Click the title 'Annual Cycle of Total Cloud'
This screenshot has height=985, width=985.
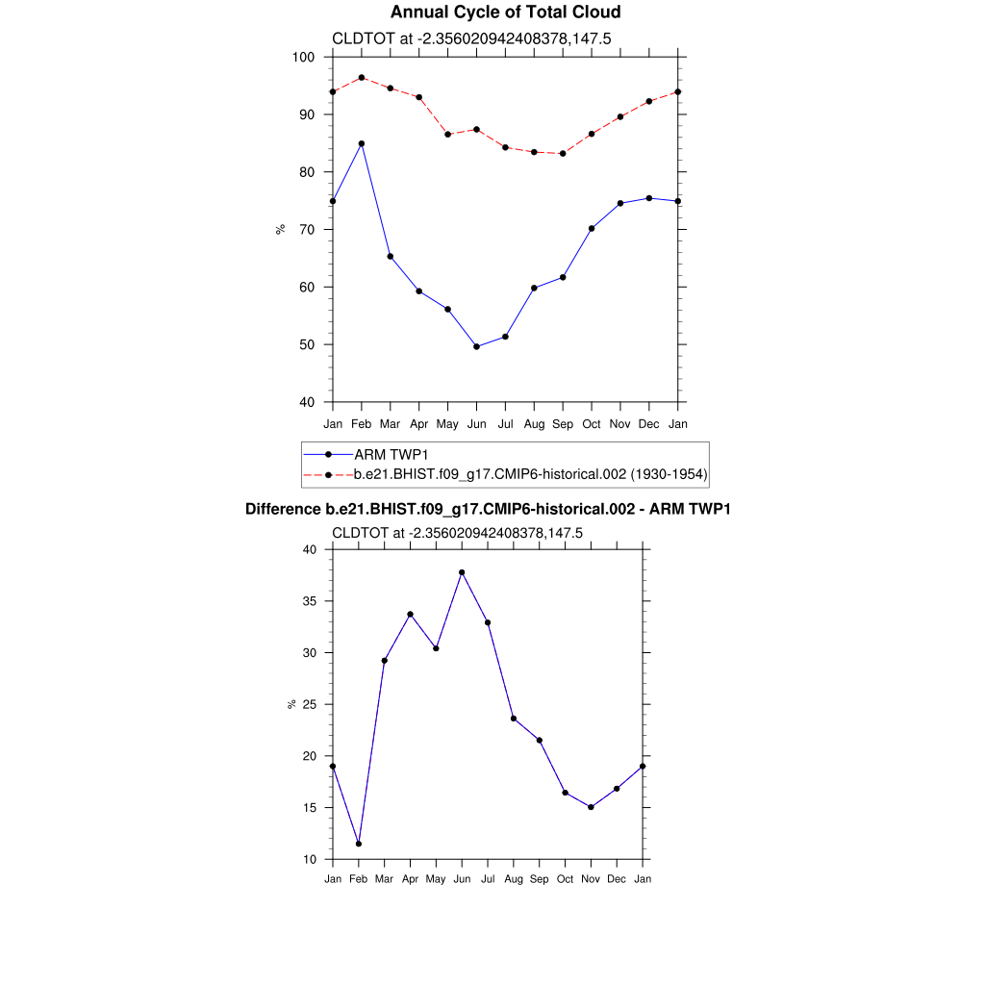[x=492, y=13]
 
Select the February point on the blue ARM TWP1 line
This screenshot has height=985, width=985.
[x=362, y=143]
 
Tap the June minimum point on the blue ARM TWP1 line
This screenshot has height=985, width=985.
[x=476, y=346]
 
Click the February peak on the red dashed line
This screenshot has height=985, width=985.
[x=362, y=77]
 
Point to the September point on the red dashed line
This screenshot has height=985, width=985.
[x=563, y=153]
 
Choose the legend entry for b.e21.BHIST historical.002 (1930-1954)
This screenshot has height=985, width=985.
[x=532, y=474]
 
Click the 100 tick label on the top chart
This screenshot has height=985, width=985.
[x=304, y=58]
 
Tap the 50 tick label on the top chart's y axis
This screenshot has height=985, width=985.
[x=308, y=344]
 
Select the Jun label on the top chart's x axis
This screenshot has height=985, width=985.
[x=476, y=424]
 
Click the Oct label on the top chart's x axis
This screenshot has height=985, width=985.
[x=592, y=424]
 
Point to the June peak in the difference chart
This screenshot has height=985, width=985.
[x=462, y=572]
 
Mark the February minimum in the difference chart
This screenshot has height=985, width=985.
[x=359, y=844]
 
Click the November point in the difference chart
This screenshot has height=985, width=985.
[x=591, y=807]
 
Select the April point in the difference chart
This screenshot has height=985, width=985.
[x=411, y=614]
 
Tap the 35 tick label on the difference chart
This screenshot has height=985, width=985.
[x=309, y=601]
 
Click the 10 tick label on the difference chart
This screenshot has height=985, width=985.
[x=309, y=859]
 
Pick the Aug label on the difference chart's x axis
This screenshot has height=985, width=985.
[x=514, y=879]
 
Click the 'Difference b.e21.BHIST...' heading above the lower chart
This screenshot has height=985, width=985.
[x=488, y=509]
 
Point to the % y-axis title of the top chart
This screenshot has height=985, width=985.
[x=281, y=229]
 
